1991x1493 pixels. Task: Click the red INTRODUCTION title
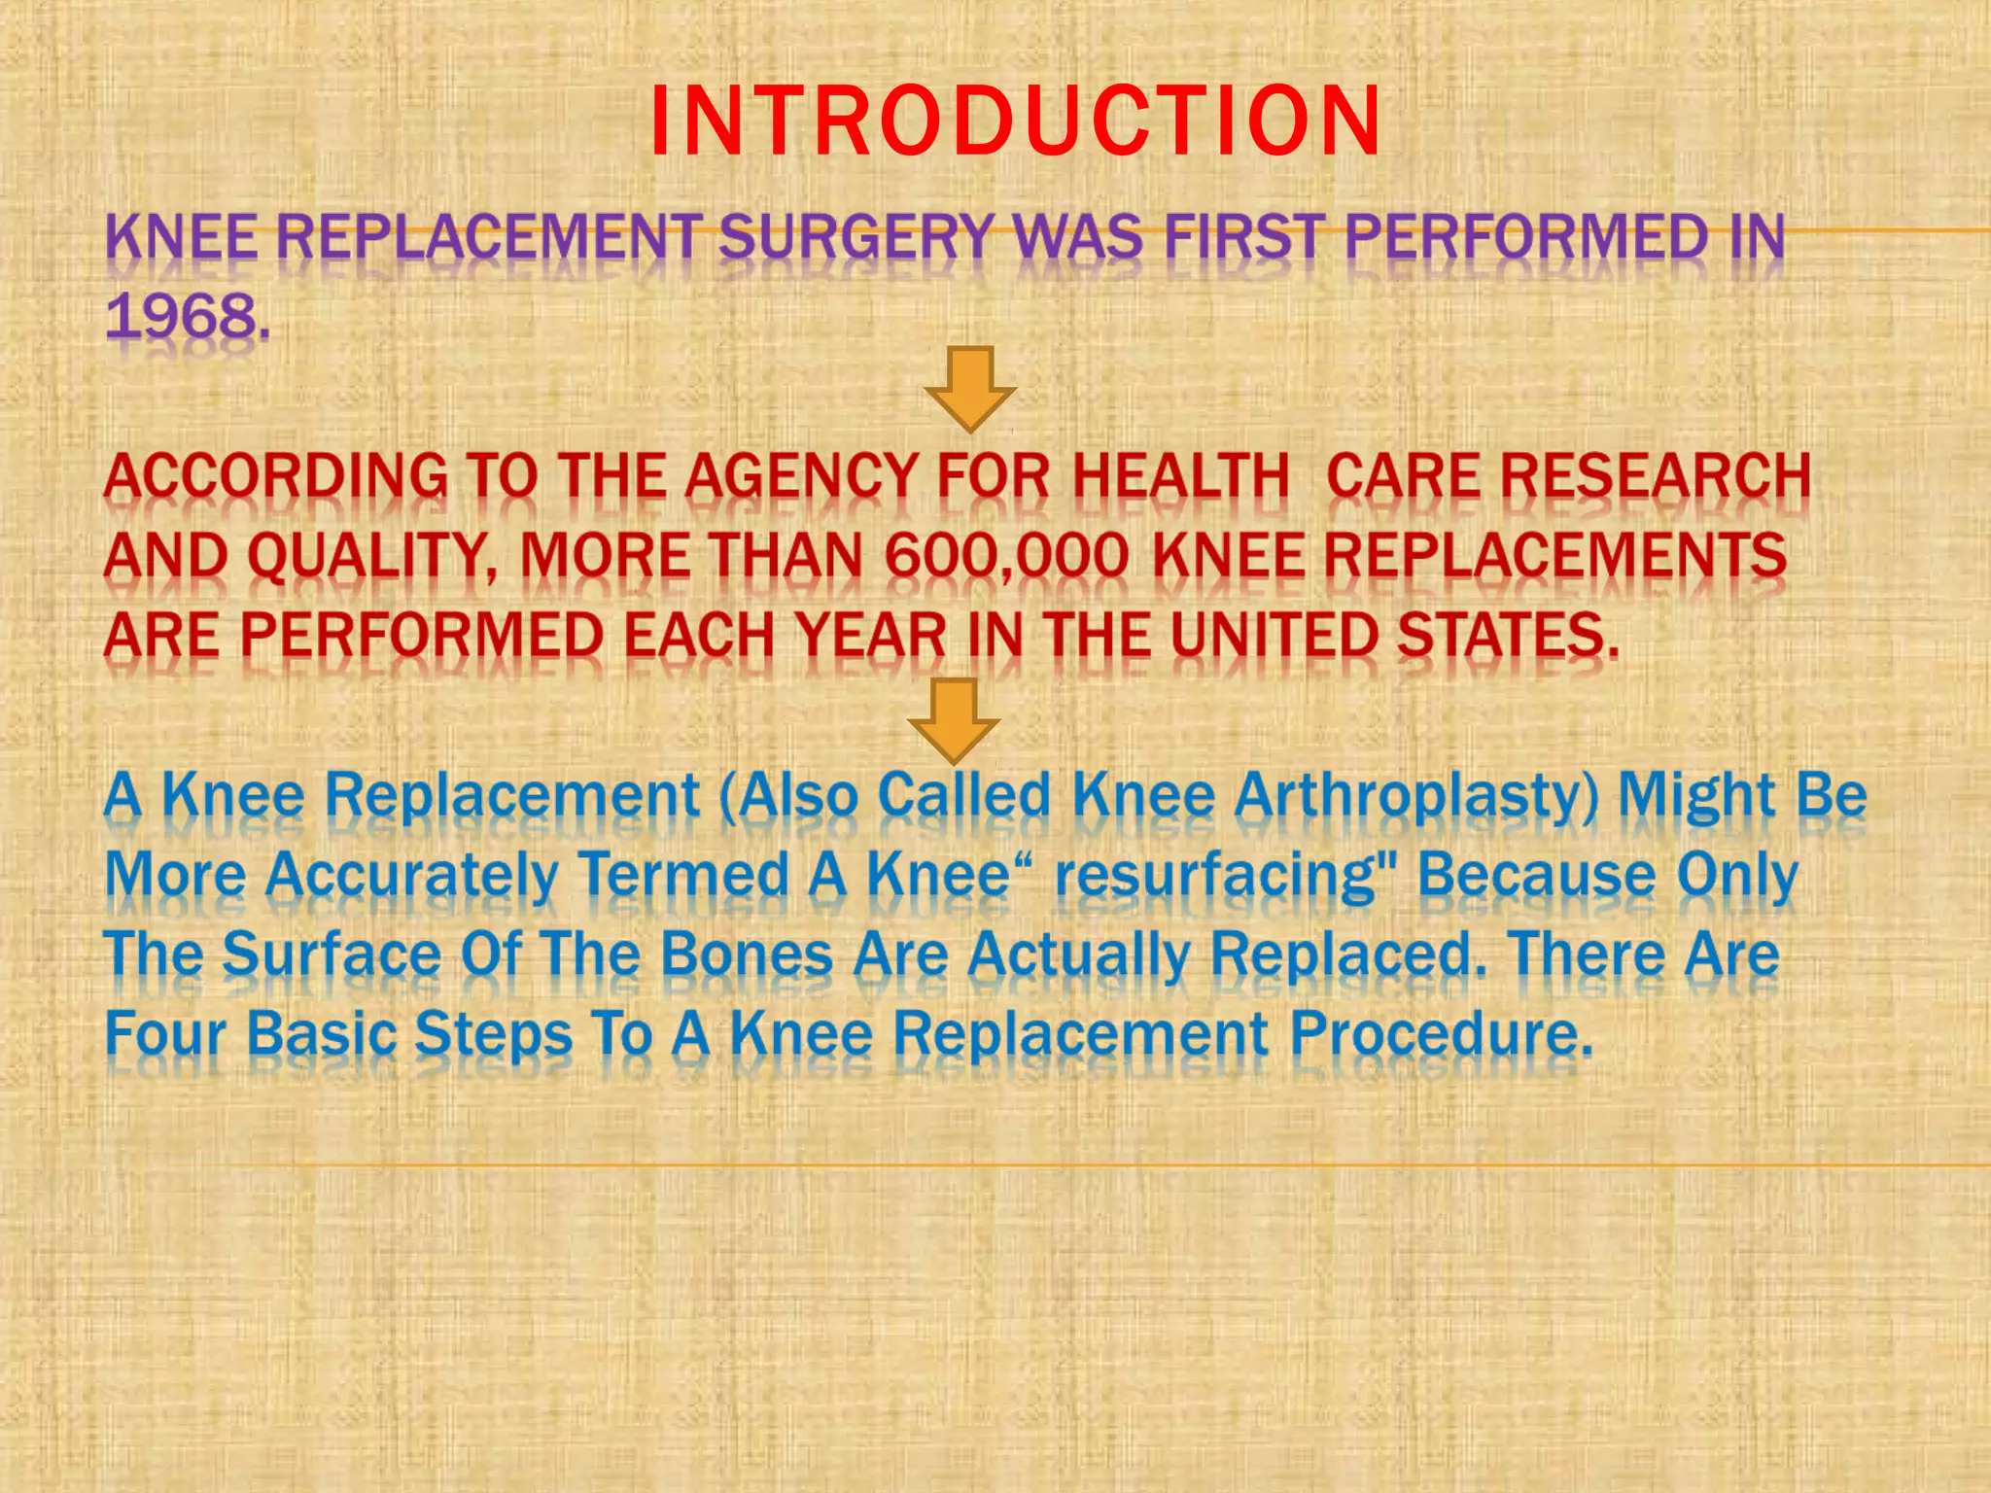point(1014,121)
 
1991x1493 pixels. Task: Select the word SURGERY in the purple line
point(856,237)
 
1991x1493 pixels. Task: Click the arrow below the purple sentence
point(970,389)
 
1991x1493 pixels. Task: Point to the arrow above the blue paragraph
point(953,721)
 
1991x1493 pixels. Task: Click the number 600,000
point(1006,557)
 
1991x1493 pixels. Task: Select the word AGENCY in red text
point(801,477)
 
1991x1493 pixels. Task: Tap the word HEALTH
point(1180,477)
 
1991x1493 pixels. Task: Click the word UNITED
point(1274,636)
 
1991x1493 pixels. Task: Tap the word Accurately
point(411,875)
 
